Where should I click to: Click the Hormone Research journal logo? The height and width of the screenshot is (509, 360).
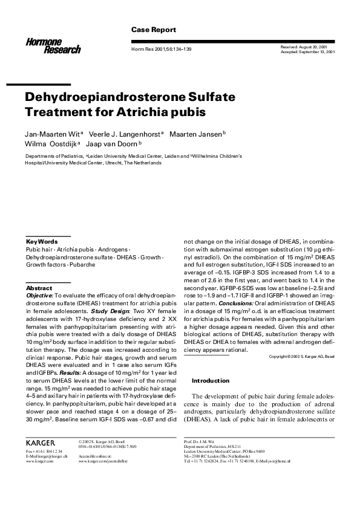point(53,44)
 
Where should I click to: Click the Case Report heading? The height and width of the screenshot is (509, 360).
point(154,30)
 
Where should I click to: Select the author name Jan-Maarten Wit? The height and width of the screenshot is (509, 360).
point(51,133)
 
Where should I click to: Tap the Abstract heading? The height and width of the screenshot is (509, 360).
point(39,288)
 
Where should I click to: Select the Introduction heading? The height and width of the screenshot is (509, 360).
point(211,381)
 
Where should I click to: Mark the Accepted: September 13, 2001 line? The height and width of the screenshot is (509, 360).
point(309,51)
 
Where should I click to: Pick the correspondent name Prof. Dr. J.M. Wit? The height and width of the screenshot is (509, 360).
point(200,442)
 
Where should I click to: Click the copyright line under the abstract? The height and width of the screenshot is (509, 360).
point(301,356)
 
